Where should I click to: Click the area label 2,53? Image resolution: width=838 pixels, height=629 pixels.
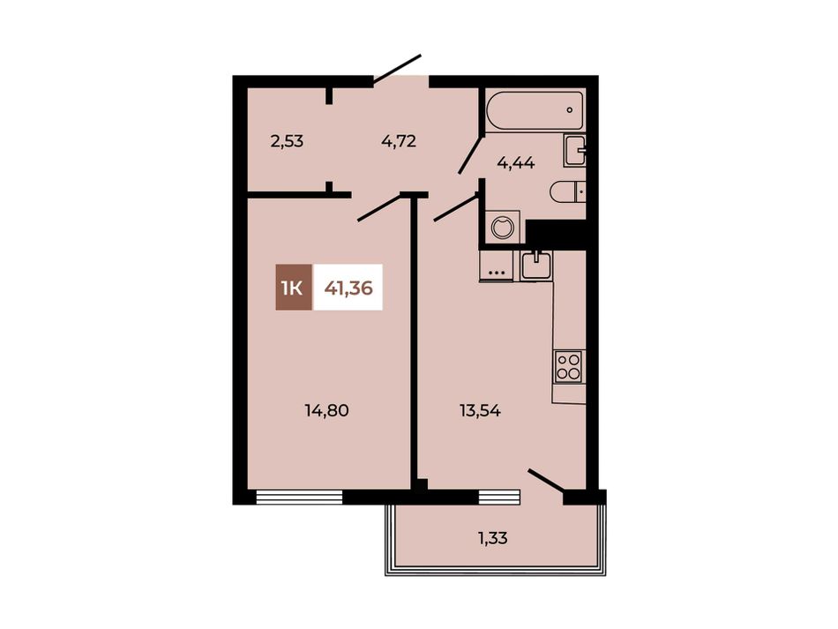(x=287, y=142)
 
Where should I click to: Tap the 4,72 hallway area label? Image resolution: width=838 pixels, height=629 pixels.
(x=399, y=142)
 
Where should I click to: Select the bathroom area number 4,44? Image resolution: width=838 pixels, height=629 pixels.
(x=516, y=163)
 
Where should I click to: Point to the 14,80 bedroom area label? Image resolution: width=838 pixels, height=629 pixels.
(x=326, y=410)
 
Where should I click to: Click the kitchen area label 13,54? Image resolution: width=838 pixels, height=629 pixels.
(x=480, y=410)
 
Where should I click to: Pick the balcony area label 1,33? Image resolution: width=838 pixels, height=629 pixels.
(x=492, y=538)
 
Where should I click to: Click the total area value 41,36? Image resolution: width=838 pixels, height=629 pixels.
(x=348, y=288)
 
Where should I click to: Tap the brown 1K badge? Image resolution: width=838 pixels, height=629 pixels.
(x=294, y=288)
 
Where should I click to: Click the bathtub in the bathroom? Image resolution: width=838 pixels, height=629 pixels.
(x=535, y=110)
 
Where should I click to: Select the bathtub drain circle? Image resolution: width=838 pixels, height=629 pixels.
(x=570, y=110)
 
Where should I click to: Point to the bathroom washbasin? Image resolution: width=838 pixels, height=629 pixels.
(x=574, y=151)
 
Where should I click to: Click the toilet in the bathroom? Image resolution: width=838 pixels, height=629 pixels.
(x=567, y=191)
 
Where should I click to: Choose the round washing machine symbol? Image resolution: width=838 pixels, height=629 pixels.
(x=502, y=227)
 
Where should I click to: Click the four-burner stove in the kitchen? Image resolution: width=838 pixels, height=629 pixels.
(x=569, y=366)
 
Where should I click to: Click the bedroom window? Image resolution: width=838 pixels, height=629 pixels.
(x=299, y=497)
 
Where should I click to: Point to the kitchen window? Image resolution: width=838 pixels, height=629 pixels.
(x=499, y=497)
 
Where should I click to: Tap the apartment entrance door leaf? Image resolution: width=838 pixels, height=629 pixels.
(x=397, y=69)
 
